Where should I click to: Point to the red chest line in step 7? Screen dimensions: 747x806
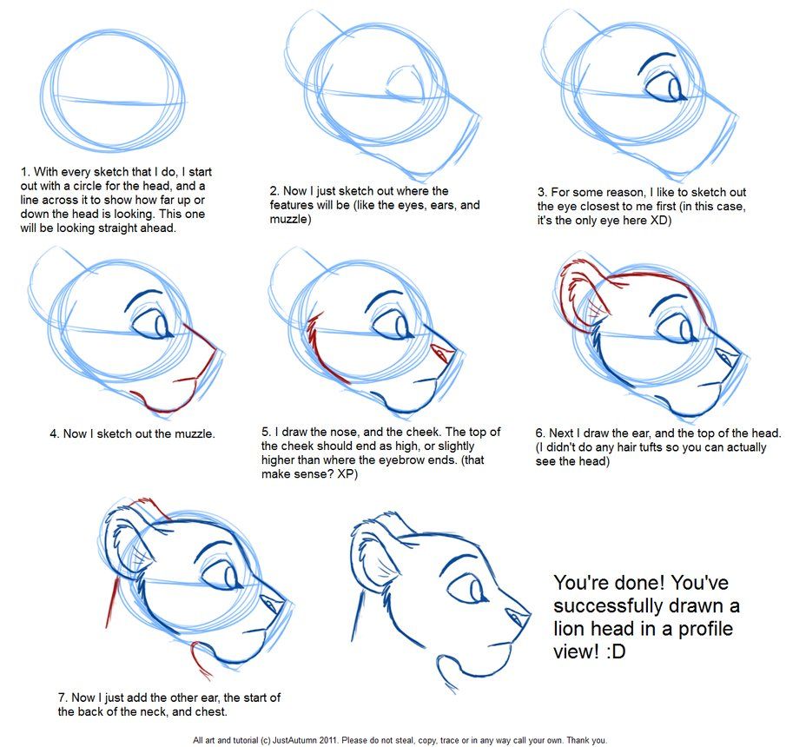coord(201,660)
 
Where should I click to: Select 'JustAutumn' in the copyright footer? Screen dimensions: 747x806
coord(318,740)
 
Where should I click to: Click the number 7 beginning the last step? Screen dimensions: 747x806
coord(62,697)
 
